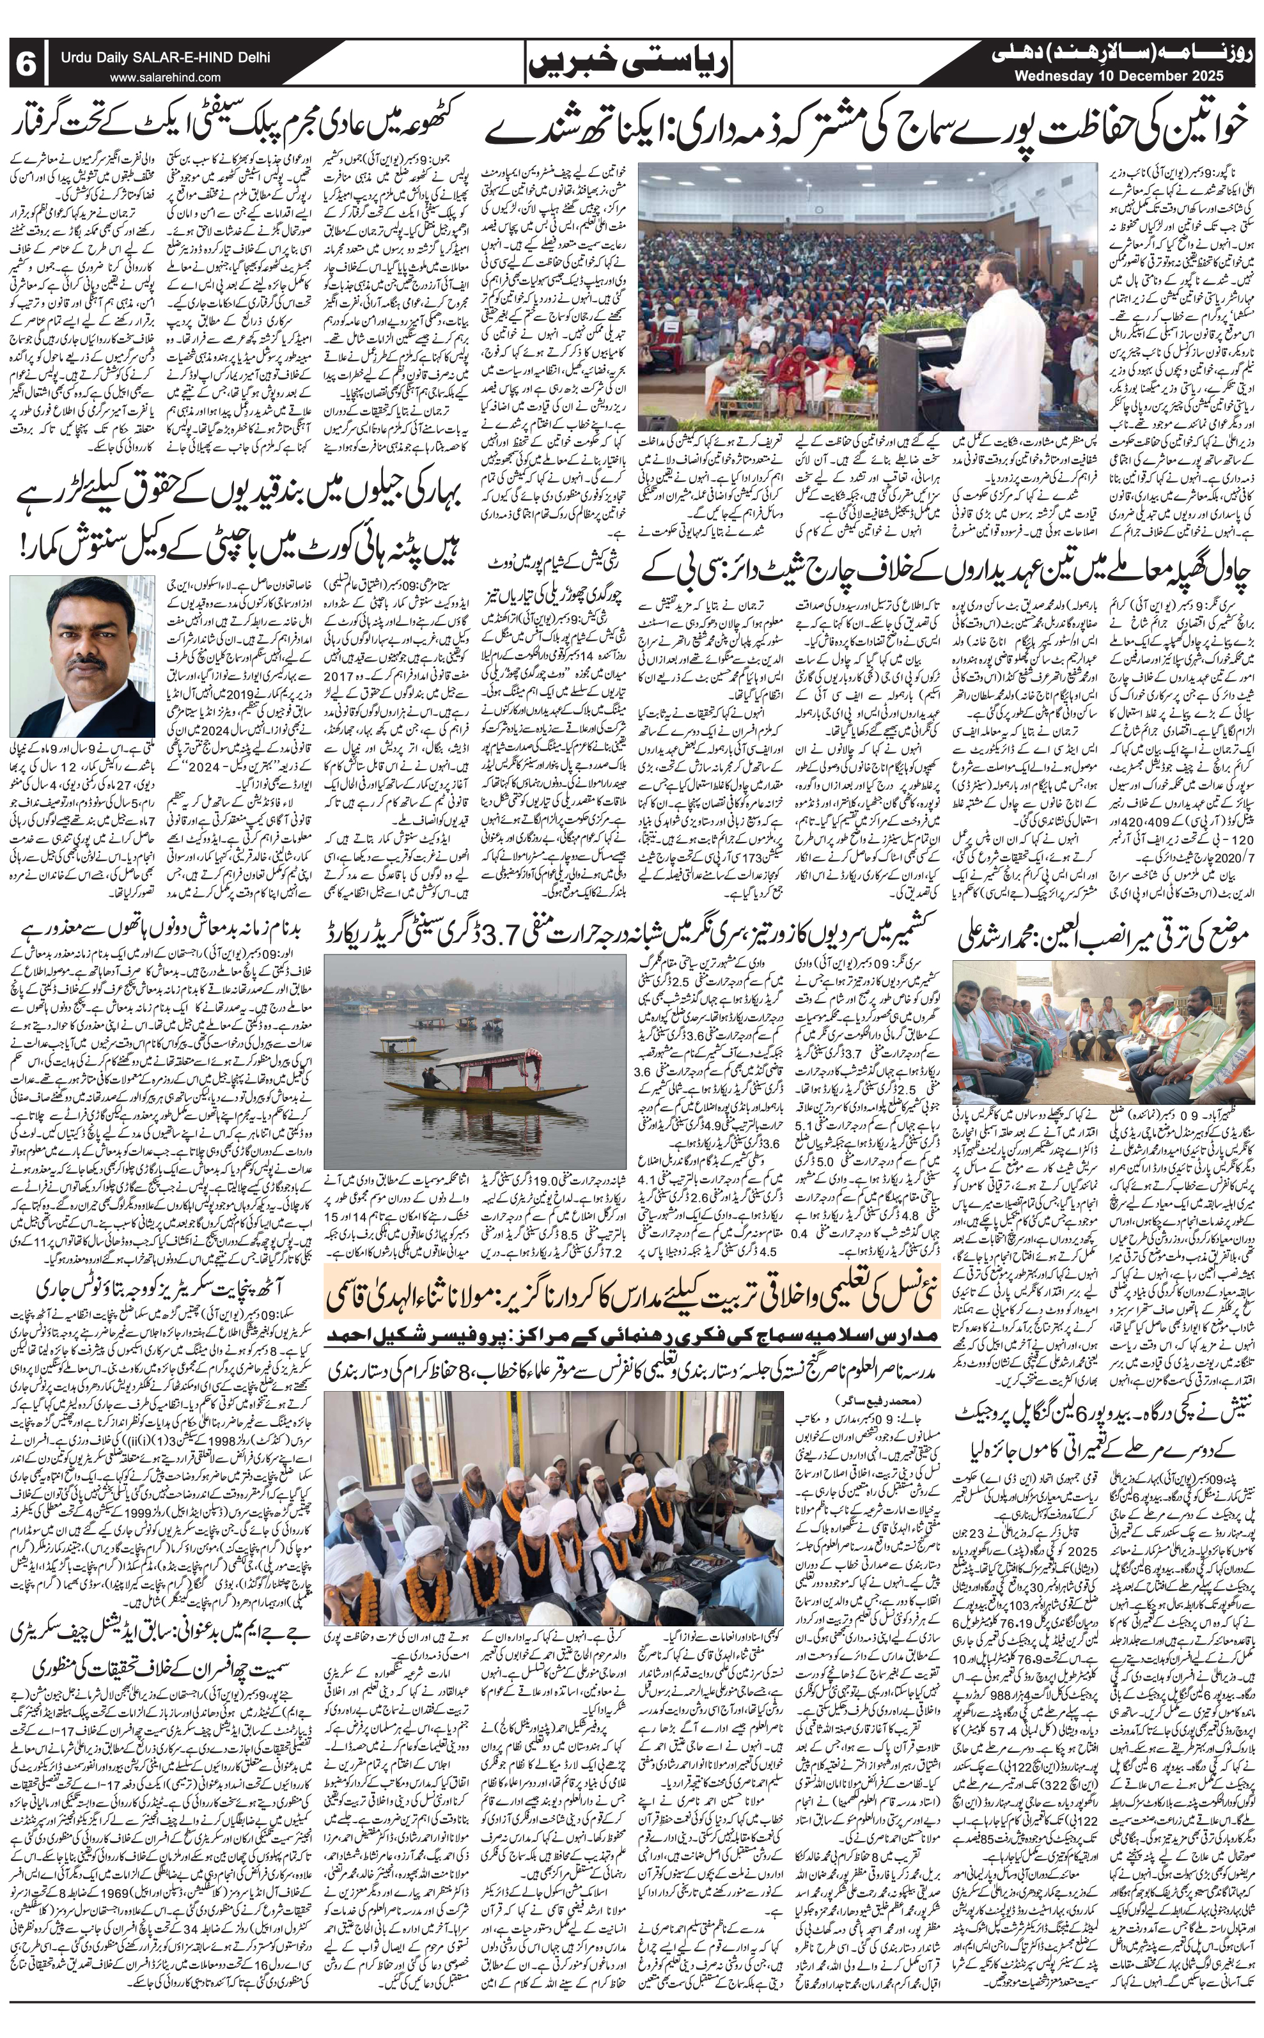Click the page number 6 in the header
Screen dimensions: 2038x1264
[26, 65]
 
